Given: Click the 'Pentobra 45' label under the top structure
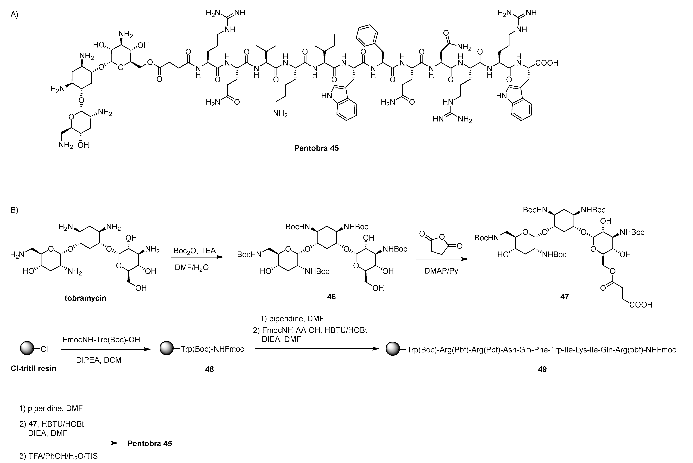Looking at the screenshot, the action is click(x=316, y=148).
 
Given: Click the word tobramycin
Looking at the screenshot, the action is click(x=85, y=298).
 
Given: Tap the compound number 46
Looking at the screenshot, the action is click(x=331, y=296).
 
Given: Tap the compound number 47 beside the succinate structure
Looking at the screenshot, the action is click(x=564, y=296).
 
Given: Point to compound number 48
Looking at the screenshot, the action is click(x=209, y=369).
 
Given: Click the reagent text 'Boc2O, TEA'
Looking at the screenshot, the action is click(x=194, y=251).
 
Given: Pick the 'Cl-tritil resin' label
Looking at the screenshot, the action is click(x=33, y=368).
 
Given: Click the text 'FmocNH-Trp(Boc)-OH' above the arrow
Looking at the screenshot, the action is click(x=101, y=340).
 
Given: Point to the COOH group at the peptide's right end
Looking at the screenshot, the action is click(x=547, y=63).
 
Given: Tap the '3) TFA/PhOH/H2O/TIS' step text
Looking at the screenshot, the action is click(x=58, y=456).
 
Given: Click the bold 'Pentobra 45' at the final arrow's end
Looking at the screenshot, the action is click(x=150, y=444).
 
